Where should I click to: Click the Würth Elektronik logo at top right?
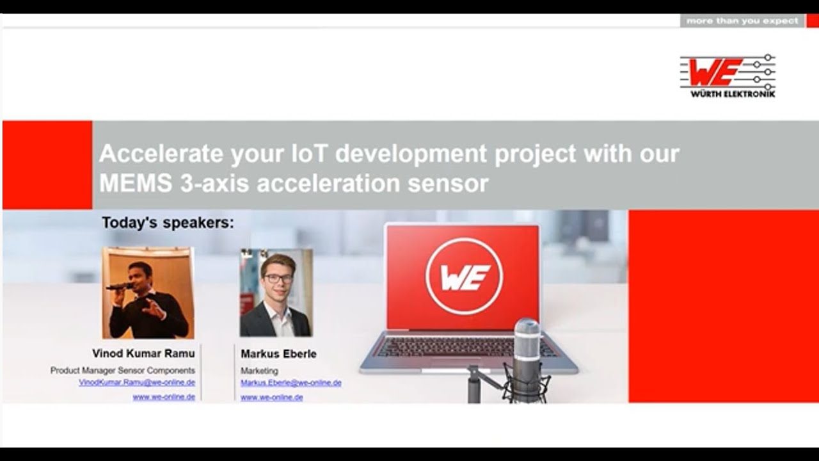[x=728, y=76]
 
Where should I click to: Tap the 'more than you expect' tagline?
[x=742, y=21]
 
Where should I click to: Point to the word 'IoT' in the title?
[x=307, y=154]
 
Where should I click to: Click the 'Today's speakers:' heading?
[x=168, y=223]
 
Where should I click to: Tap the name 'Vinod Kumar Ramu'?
[x=143, y=353]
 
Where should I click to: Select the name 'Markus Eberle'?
[x=278, y=354]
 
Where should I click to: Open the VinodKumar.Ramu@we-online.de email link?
[x=137, y=382]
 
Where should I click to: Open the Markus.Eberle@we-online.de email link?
[x=290, y=383]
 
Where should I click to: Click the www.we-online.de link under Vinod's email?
[x=164, y=397]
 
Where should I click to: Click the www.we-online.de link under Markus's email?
[x=271, y=398]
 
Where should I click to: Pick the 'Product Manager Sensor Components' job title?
[x=123, y=370]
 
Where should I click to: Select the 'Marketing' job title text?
[x=259, y=371]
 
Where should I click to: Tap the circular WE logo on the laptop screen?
[x=464, y=276]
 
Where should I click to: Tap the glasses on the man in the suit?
[x=274, y=279]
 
